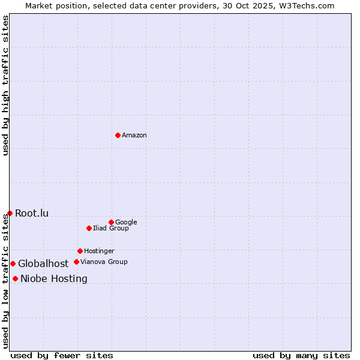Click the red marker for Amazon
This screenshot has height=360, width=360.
point(118,135)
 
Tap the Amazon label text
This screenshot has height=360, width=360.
point(134,136)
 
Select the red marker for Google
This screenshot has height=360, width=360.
point(111,222)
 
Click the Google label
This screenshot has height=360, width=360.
point(126,223)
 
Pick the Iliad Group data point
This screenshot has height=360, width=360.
point(89,228)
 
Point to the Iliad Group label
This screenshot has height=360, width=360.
point(111,229)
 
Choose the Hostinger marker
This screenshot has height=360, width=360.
point(80,251)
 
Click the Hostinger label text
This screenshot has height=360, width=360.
point(99,251)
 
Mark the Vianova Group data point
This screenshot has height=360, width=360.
point(76,262)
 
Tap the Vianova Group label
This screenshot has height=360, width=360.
point(104,262)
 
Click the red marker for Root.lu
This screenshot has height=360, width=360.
point(10,213)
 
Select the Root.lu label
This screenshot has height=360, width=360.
point(32,214)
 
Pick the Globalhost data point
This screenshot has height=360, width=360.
point(13,263)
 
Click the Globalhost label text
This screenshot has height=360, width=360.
point(43,264)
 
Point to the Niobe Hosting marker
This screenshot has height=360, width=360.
point(15,278)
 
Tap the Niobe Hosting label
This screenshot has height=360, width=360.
point(54,279)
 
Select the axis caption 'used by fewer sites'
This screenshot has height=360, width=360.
point(62,355)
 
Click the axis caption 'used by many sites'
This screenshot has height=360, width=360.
point(301,355)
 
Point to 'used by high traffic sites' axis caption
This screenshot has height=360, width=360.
point(5,85)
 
